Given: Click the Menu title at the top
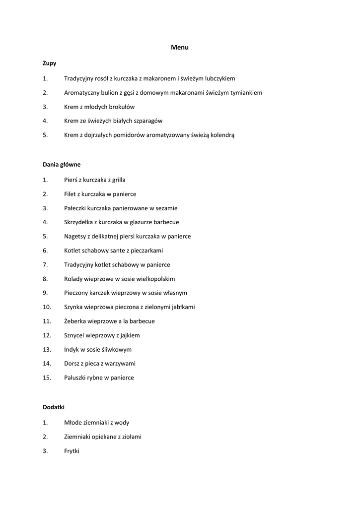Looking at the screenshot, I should (x=180, y=48).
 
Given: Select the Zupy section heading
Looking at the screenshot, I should (x=50, y=63).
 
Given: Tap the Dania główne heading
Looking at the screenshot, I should (x=62, y=164).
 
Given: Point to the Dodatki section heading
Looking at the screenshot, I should (x=54, y=407).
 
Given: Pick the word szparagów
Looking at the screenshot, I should (x=146, y=121).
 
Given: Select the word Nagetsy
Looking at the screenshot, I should (x=75, y=237).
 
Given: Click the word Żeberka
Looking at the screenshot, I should (x=76, y=321).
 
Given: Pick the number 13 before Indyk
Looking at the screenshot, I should (x=47, y=349).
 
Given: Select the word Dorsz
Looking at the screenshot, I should (x=72, y=364).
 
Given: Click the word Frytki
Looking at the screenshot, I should (x=72, y=451).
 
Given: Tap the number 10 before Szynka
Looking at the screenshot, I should (x=47, y=307).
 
